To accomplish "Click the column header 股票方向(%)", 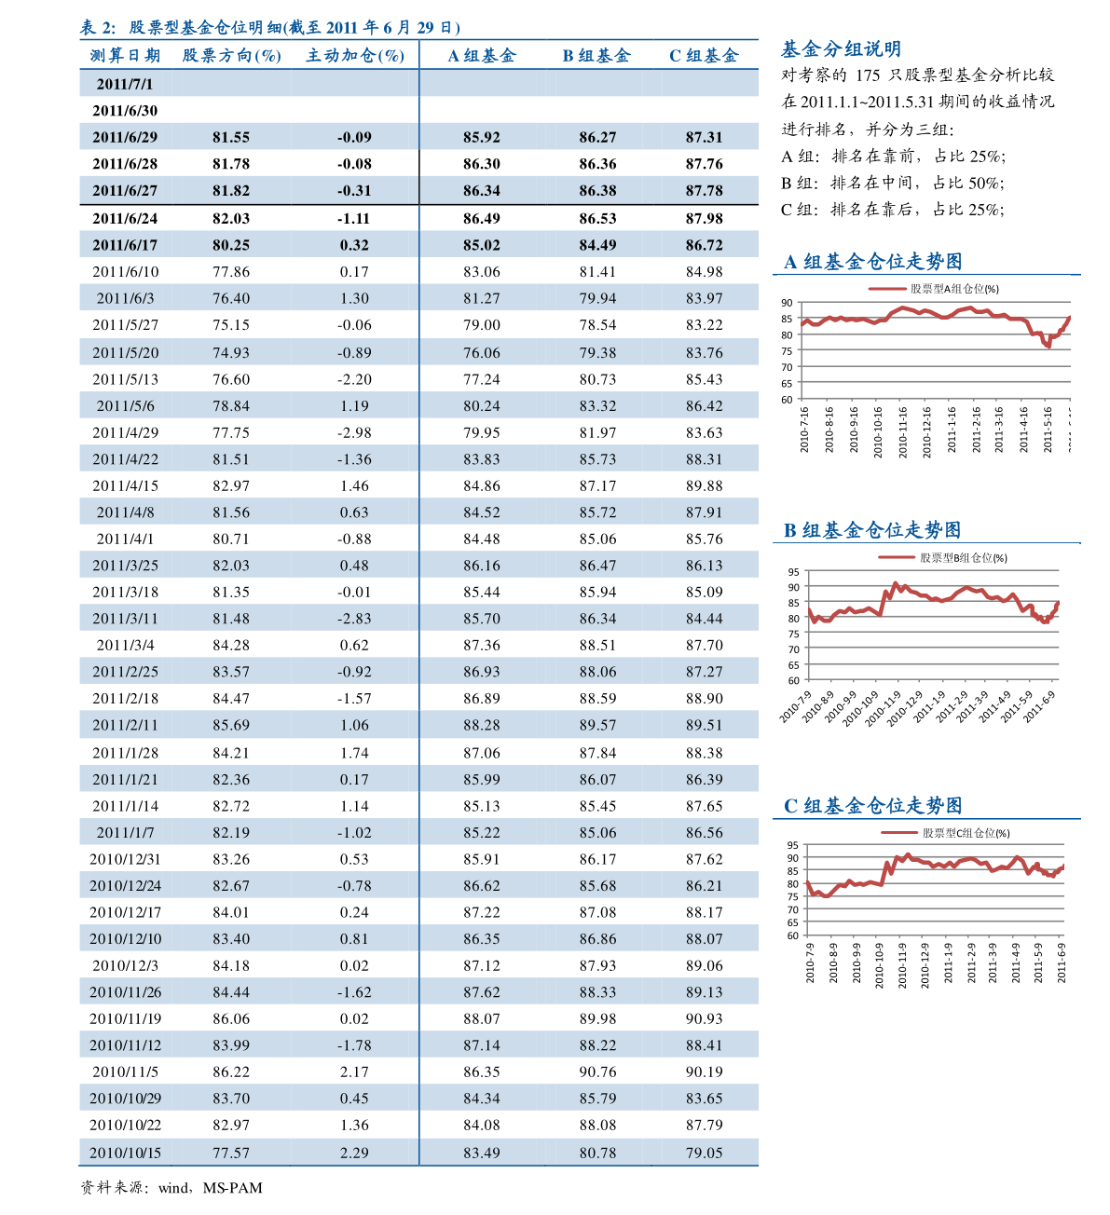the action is pos(231,56).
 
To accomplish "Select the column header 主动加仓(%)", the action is pos(355,56).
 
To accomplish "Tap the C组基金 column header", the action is pos(704,56).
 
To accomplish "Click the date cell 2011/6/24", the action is pos(125,218).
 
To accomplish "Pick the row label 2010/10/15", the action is pos(126,1152).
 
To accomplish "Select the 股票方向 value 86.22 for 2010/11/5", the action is pos(231,1072).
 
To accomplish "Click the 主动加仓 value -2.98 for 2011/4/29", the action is pos(354,432).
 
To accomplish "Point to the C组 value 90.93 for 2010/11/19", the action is pos(704,1018).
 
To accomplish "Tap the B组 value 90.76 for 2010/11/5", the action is pos(597,1072).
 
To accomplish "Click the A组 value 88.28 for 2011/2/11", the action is pos(482,725).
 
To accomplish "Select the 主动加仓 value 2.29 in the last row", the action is pos(354,1152).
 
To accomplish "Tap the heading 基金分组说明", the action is pos(841,49).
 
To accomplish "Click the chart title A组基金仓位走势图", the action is pos(873,262).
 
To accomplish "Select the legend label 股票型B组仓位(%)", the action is pos(964,558).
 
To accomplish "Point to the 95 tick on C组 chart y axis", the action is pos(792,845).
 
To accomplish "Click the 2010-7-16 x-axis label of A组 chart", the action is pos(804,430).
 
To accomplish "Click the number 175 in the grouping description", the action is pos(868,75).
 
